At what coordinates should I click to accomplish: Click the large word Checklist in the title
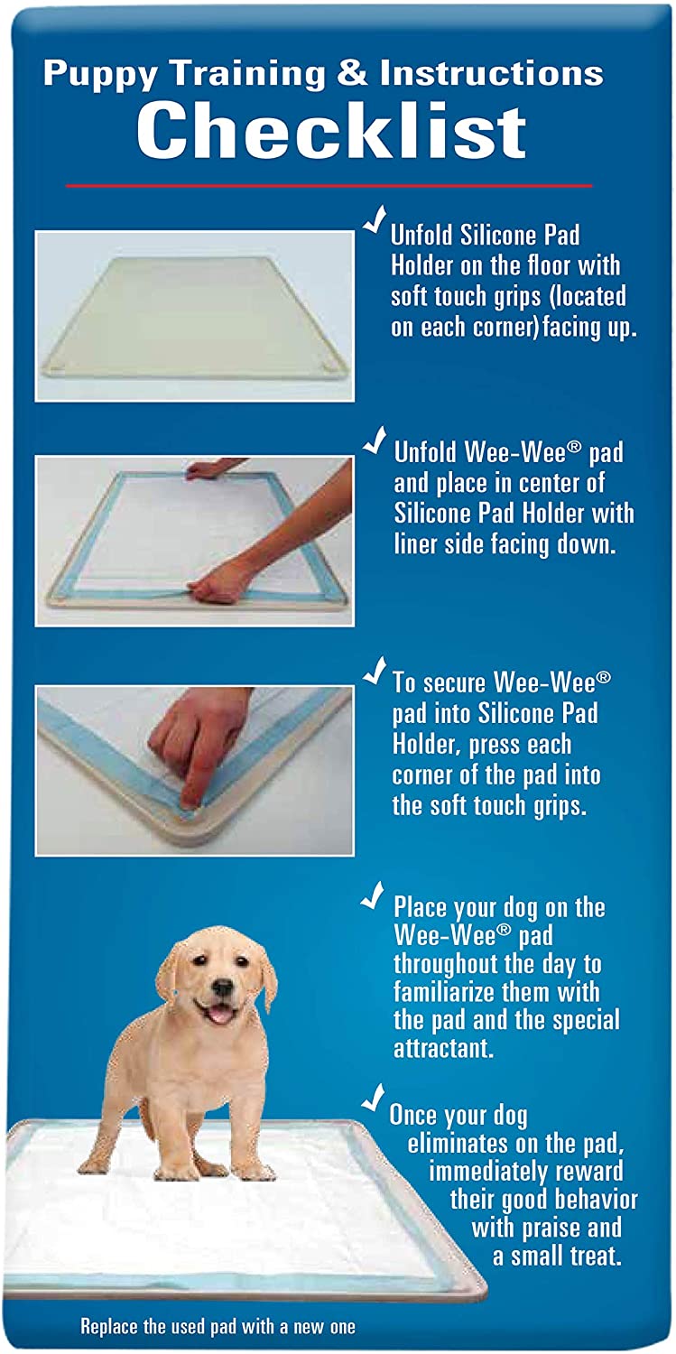[x=331, y=132]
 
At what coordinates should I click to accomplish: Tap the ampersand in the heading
[x=352, y=74]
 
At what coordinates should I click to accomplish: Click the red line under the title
[x=329, y=186]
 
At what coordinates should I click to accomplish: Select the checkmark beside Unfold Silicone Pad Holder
[x=375, y=222]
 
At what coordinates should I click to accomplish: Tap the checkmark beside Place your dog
[x=373, y=895]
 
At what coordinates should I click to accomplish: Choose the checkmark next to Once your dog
[x=373, y=1098]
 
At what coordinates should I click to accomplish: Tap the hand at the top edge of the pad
[x=210, y=468]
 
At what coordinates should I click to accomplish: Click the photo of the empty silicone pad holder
[x=194, y=316]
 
